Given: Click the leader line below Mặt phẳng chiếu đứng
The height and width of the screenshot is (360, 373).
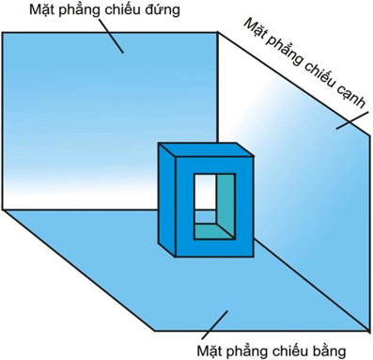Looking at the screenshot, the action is tap(112, 39).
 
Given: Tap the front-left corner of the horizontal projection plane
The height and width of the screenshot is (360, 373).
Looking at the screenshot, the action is tap(155, 329).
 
